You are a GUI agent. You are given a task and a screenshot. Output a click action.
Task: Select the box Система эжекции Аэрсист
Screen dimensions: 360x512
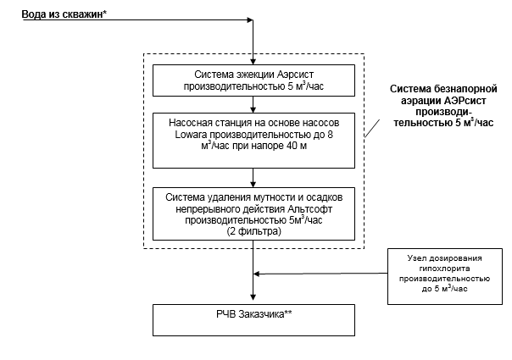pos(253,80)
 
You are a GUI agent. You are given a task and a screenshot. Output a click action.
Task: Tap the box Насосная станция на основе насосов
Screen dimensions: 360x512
pos(253,137)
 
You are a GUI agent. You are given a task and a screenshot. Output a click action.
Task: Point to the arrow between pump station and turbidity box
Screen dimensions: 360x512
pos(253,178)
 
